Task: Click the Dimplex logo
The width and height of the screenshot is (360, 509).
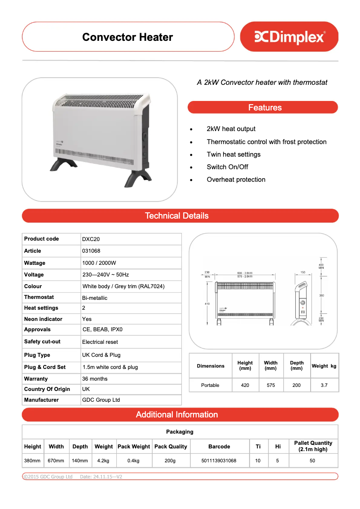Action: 290,37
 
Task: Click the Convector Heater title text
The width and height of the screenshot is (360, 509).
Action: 127,37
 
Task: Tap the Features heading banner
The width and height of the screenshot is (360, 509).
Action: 265,108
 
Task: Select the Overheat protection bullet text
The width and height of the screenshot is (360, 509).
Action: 236,180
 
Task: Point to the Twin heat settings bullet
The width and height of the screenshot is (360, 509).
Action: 233,154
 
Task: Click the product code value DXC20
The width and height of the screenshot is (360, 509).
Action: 88,239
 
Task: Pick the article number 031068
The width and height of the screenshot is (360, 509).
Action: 91,251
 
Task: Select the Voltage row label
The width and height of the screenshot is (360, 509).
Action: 34,275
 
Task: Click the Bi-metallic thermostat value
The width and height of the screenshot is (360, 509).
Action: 95,298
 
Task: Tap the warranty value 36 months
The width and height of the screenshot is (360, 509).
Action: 95,379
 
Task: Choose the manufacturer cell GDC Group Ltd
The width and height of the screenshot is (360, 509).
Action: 101,400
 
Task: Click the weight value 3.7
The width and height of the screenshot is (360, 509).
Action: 324,385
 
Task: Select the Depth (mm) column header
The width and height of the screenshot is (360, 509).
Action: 297,366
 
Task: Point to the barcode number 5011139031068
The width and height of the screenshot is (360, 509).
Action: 219,461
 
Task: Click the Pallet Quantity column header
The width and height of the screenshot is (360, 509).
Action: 313,446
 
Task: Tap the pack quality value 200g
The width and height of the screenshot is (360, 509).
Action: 170,461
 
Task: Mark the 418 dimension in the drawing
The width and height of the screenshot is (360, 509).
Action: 207,304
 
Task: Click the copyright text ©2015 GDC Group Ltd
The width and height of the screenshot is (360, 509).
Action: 48,477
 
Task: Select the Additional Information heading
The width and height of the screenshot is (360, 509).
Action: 177,415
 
